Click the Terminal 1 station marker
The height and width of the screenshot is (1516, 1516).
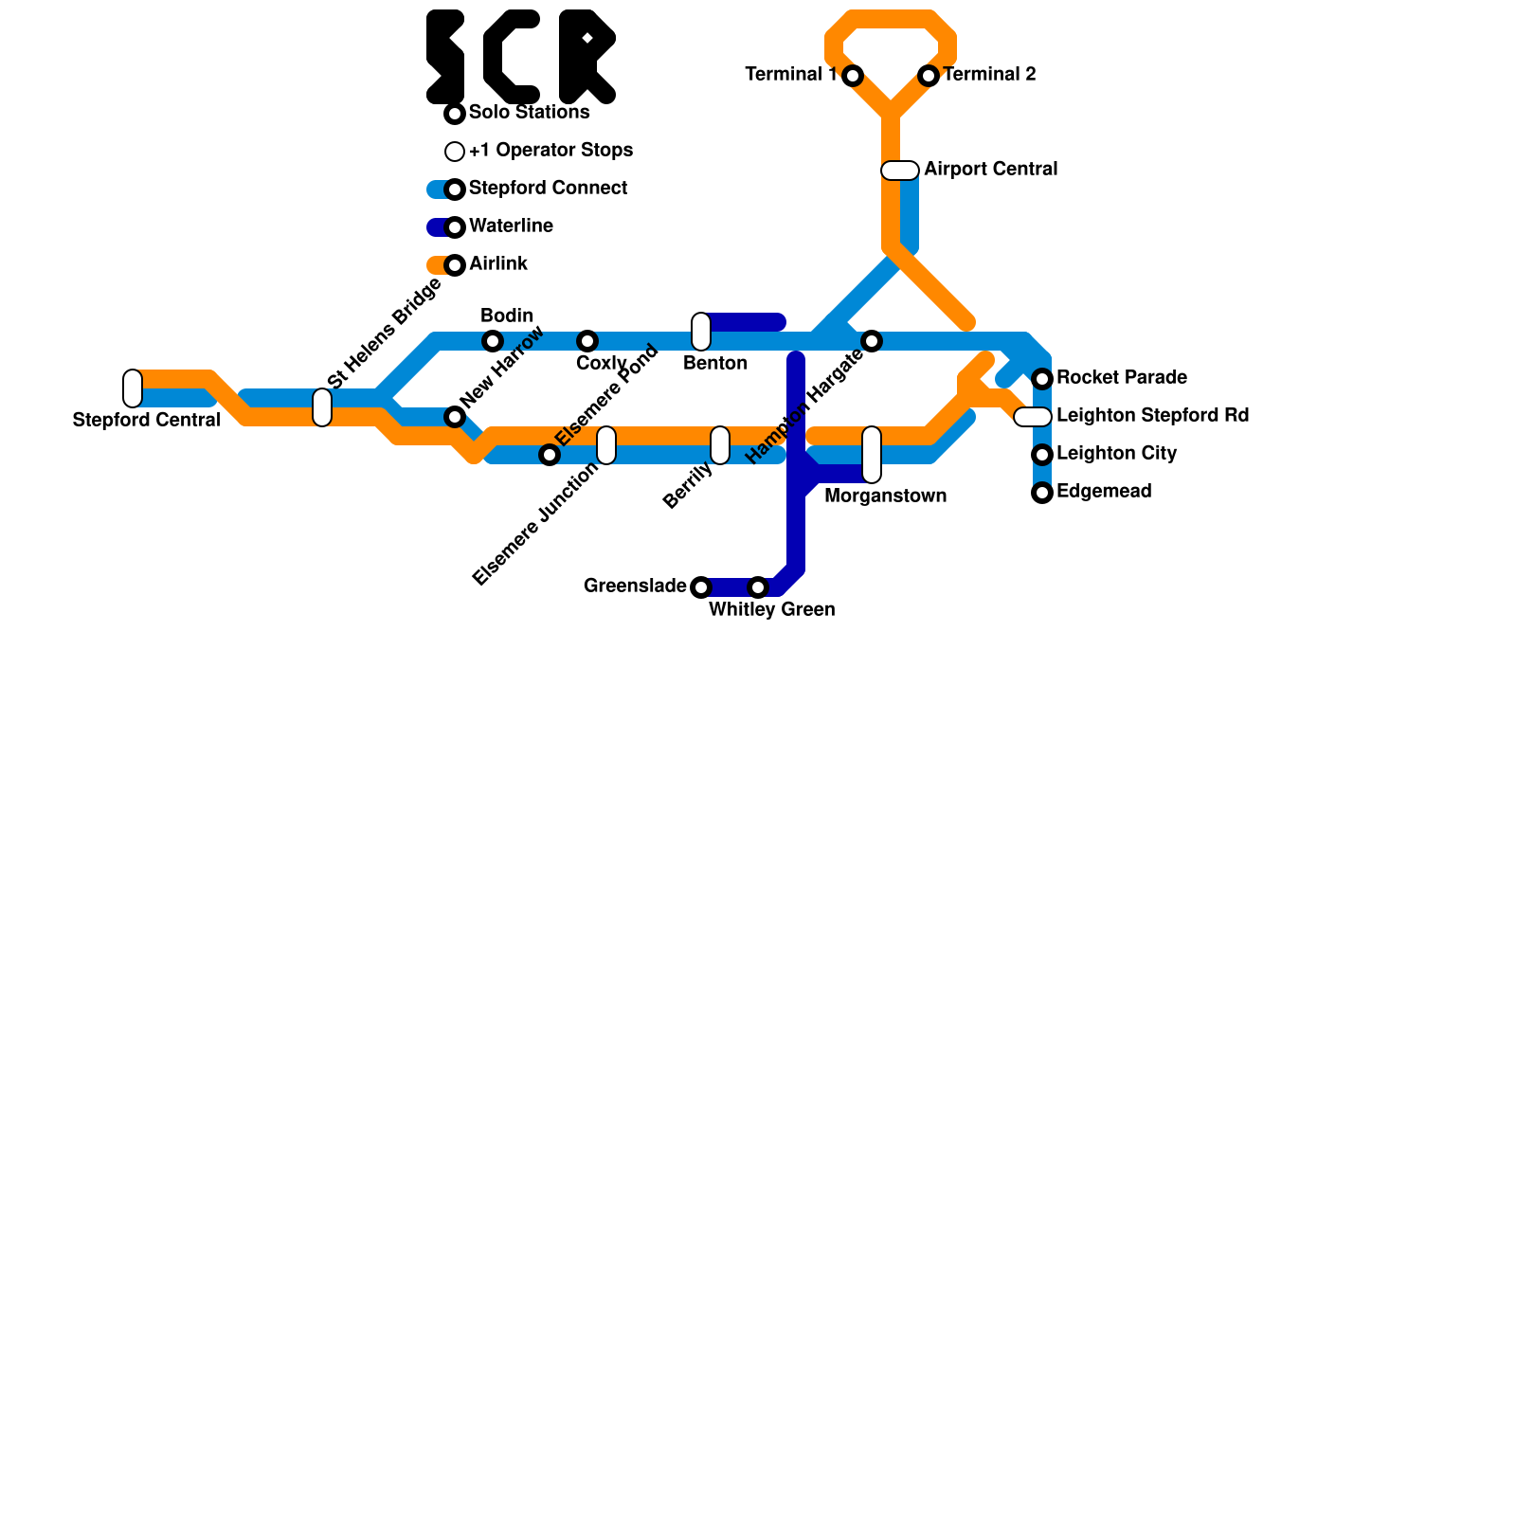point(853,76)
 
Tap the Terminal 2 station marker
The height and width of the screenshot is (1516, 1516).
point(929,76)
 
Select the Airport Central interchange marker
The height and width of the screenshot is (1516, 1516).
point(900,171)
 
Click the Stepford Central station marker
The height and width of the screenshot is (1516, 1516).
point(133,388)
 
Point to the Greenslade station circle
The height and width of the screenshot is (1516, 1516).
point(701,587)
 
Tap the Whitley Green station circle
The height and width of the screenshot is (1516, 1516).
point(758,587)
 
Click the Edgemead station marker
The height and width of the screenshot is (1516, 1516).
point(1042,493)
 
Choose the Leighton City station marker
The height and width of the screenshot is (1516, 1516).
point(1042,455)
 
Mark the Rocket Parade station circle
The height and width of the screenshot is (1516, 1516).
point(1042,379)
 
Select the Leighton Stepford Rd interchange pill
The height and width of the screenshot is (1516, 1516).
point(1033,417)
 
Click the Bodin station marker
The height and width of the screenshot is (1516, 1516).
point(493,341)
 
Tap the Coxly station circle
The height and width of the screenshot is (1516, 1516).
point(587,341)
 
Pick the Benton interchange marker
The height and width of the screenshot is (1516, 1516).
point(701,332)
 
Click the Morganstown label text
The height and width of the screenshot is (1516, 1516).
point(885,496)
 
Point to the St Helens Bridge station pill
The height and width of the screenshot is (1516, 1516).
point(322,407)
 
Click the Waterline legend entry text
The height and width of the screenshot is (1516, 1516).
point(511,226)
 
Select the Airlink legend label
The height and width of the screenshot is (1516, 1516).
point(497,264)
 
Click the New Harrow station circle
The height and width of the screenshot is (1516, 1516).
point(455,417)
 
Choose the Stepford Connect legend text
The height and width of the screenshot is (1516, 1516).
point(548,189)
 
